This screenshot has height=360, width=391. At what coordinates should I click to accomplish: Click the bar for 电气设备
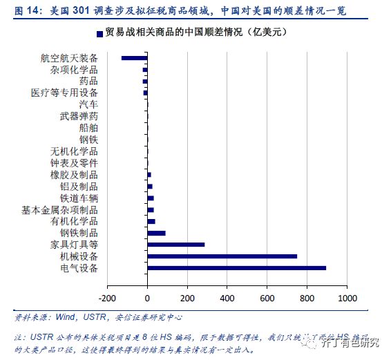pyautogui.click(x=237, y=267)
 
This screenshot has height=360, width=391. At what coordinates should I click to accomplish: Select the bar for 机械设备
pyautogui.click(x=222, y=256)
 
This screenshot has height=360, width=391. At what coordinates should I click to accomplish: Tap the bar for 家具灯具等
pyautogui.click(x=176, y=244)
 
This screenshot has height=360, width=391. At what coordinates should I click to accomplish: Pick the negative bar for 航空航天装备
pyautogui.click(x=135, y=58)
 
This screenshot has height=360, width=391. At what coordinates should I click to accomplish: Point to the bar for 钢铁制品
pyautogui.click(x=157, y=233)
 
